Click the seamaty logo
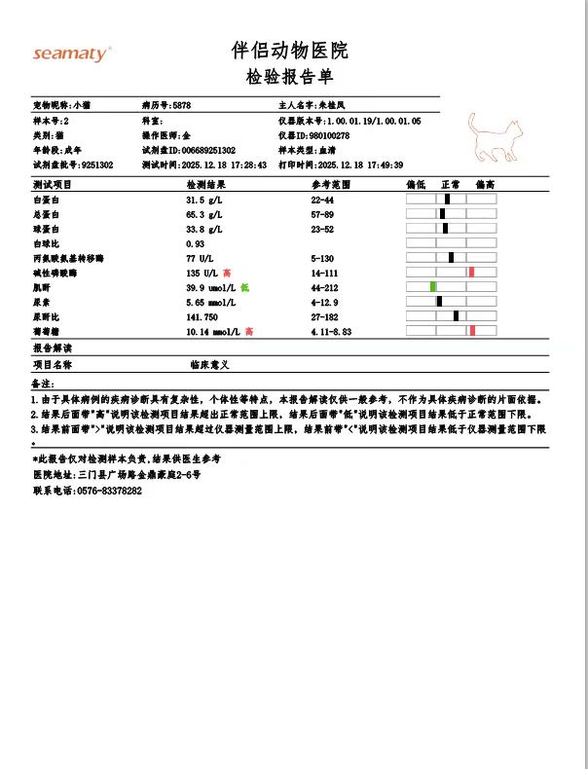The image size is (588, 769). [72, 55]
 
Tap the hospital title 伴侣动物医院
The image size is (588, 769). [289, 51]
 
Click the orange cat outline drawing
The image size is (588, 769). [495, 137]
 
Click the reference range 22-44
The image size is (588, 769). [322, 199]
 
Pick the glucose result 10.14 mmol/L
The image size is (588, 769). [212, 331]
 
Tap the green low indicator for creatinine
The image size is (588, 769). [433, 286]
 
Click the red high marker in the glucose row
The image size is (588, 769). [472, 331]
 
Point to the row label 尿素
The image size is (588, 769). [42, 302]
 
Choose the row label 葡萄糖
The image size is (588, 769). [47, 331]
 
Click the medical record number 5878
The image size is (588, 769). [181, 103]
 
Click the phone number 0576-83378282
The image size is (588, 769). [109, 491]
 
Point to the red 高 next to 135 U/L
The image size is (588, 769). [227, 273]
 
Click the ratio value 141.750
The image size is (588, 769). [202, 316]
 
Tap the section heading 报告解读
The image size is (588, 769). [53, 348]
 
